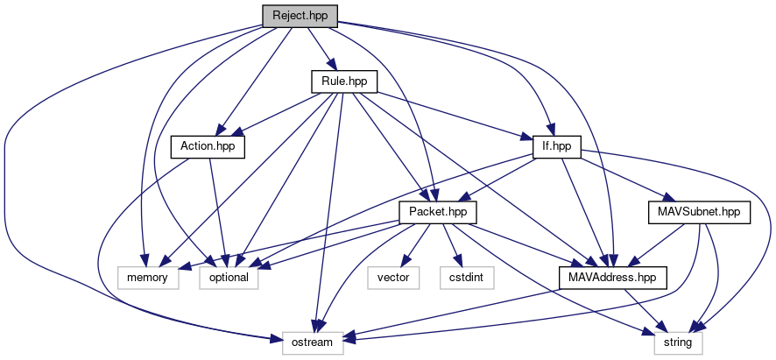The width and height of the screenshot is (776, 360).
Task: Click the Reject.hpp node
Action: tap(300, 16)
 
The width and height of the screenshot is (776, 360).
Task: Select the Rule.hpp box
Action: tap(344, 81)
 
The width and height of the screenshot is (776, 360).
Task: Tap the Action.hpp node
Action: tap(208, 147)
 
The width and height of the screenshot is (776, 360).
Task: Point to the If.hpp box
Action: tap(557, 147)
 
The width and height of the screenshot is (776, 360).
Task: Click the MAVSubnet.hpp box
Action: tap(699, 213)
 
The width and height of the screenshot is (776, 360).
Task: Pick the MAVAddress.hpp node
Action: tap(613, 278)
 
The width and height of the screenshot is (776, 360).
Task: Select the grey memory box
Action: tap(148, 278)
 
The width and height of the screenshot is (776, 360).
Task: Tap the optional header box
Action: tap(229, 278)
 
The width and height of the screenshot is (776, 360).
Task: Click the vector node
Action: tap(393, 278)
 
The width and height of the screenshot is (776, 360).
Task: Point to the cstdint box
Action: tap(467, 278)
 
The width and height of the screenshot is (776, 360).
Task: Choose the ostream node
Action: tap(313, 342)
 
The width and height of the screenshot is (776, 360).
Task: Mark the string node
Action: tap(678, 342)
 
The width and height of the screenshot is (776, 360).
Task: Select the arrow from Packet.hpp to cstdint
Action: tap(452, 245)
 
